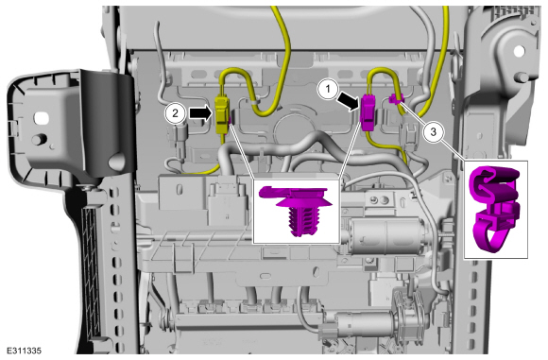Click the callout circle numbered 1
click(328, 89)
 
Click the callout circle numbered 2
click(175, 112)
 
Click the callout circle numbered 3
click(433, 132)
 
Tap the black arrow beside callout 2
click(200, 113)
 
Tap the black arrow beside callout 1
click(348, 99)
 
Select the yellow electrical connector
click(222, 115)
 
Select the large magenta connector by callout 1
click(368, 112)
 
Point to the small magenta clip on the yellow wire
click(396, 99)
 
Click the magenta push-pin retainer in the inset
click(296, 210)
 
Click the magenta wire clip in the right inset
click(495, 208)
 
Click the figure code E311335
click(24, 351)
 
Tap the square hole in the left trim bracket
click(42, 117)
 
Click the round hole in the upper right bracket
click(520, 51)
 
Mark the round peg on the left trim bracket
click(39, 139)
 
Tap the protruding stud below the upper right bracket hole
click(522, 77)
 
